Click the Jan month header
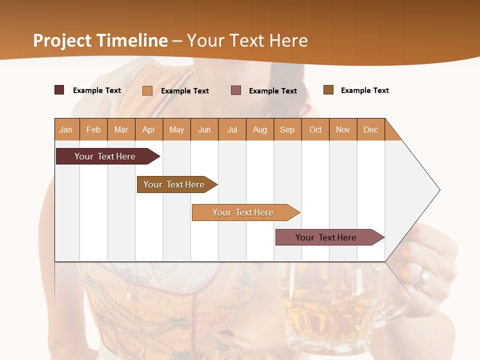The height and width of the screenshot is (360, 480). click(x=66, y=129)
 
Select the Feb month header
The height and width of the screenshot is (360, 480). click(x=93, y=129)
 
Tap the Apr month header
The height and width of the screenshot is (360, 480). click(x=149, y=129)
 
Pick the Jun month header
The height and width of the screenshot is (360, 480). click(x=204, y=129)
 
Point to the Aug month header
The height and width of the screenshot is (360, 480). click(x=260, y=129)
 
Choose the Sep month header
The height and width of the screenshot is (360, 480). click(x=287, y=129)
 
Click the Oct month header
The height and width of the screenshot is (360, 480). click(x=315, y=129)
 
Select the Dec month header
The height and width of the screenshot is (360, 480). click(x=371, y=129)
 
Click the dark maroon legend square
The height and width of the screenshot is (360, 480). click(x=59, y=90)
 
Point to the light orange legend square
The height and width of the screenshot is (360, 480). click(x=147, y=90)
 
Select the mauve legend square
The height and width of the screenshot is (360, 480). click(x=236, y=90)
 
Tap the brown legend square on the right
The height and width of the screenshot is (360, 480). click(x=328, y=90)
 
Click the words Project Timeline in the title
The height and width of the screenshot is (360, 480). click(x=100, y=40)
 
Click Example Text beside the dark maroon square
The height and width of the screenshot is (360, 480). click(x=97, y=90)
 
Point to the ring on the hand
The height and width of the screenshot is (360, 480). click(x=423, y=278)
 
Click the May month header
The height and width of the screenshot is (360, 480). click(x=176, y=129)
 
